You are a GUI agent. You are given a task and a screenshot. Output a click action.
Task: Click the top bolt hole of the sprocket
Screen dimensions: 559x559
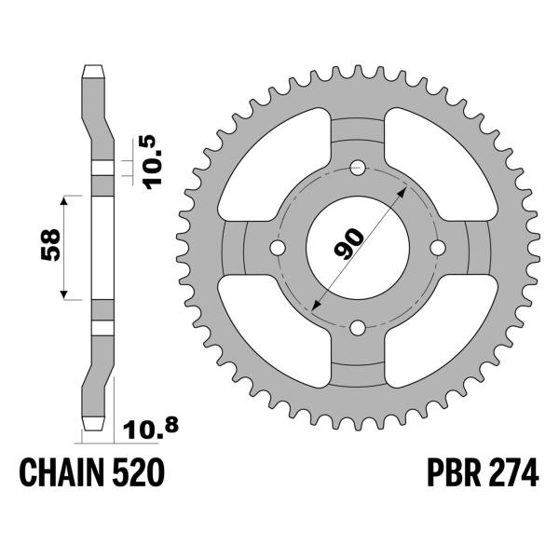coord(358,168)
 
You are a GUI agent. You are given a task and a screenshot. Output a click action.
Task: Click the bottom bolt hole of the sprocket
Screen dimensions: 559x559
coord(358,327)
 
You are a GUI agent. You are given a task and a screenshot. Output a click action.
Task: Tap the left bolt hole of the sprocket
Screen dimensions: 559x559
coord(278,248)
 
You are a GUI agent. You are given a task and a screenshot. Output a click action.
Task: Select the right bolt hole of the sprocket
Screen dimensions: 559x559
coord(438,248)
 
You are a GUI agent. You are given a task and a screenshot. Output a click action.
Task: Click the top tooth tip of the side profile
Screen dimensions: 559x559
coord(94,69)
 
